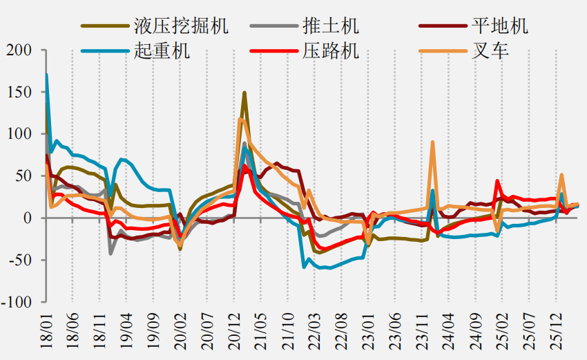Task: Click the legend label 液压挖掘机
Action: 181,26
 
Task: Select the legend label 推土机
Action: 331,26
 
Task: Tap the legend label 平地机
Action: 500,26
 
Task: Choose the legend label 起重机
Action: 162,50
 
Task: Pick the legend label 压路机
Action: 331,50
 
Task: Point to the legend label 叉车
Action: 490,50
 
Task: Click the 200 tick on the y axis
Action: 19,50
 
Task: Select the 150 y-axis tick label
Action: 19,92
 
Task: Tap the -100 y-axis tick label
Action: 17,302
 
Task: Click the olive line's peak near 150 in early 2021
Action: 244,93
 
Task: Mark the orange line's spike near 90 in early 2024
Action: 433,142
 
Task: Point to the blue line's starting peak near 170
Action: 46,75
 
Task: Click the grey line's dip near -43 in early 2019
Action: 110,254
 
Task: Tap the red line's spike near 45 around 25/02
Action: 497,181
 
